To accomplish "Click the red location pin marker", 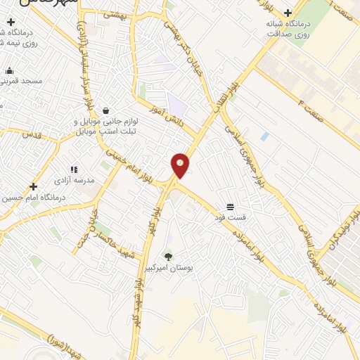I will click(180, 166).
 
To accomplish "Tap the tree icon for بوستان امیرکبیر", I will click(168, 257).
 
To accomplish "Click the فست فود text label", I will click(230, 219).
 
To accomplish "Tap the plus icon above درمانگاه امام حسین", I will click(33, 186).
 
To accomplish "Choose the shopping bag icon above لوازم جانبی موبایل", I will click(105, 110).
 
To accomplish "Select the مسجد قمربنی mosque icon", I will click(9, 70).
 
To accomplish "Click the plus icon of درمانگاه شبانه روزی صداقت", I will click(288, 13).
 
